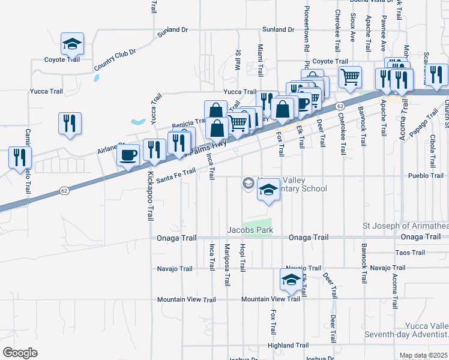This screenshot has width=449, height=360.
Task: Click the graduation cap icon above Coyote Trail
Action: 72,43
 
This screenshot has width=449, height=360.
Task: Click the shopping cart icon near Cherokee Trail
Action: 350,76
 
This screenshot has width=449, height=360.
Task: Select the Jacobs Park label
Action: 250,230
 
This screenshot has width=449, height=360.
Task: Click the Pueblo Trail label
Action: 425,176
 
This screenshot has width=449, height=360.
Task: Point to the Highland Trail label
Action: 288,345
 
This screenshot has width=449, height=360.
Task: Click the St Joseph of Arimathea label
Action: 405,226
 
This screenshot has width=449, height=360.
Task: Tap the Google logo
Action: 20,352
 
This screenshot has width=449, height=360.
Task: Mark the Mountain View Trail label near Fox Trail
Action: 270,299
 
